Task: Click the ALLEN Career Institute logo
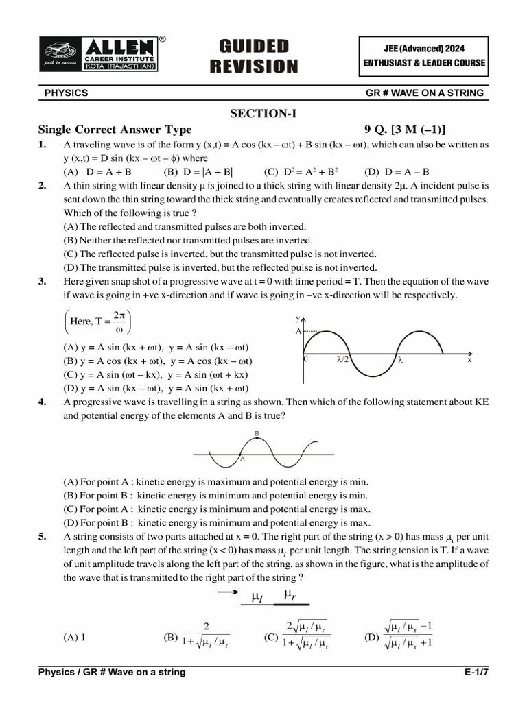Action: (x=102, y=55)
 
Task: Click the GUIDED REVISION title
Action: (x=253, y=56)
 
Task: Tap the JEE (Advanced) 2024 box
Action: (x=424, y=56)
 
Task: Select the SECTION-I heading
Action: (x=263, y=114)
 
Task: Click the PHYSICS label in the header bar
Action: (x=66, y=93)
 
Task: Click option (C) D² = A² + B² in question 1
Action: (x=301, y=171)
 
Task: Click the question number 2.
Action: (x=42, y=185)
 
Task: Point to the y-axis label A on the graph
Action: (x=298, y=331)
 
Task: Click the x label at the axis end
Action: (x=469, y=359)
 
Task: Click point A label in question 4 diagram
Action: (x=242, y=459)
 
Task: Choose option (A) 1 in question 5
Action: (x=74, y=636)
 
